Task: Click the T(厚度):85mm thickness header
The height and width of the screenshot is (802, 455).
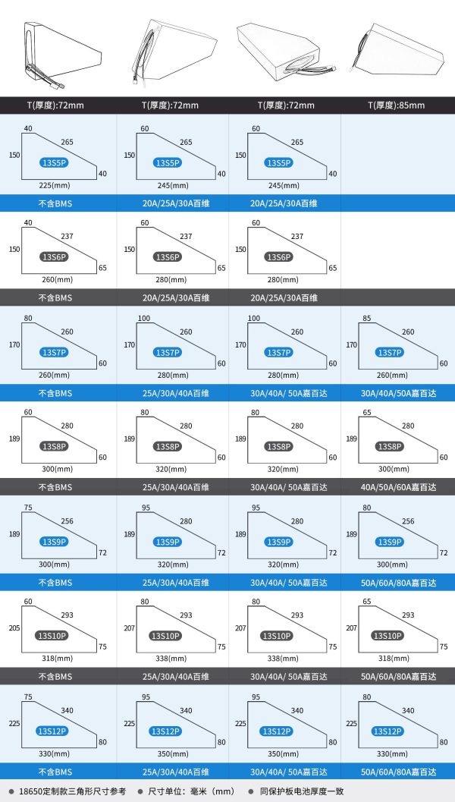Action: [396, 105]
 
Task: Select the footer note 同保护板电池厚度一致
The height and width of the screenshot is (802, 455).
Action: [302, 791]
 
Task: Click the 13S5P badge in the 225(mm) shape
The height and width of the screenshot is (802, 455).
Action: [54, 163]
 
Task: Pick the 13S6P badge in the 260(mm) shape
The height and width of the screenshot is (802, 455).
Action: [54, 256]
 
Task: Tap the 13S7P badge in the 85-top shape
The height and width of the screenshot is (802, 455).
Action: [390, 352]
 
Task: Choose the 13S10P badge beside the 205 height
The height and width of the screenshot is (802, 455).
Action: [52, 636]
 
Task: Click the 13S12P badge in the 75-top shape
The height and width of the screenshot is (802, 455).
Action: [52, 731]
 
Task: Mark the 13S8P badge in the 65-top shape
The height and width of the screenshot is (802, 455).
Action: [390, 446]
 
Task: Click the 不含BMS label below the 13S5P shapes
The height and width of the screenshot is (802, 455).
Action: [55, 203]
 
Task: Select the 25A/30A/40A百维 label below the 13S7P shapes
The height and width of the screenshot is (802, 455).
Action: [176, 393]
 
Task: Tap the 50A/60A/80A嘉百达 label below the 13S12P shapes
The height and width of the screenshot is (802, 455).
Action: [399, 772]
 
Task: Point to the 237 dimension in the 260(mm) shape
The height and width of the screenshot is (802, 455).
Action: [67, 236]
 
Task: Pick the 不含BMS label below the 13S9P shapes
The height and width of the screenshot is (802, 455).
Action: [55, 582]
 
